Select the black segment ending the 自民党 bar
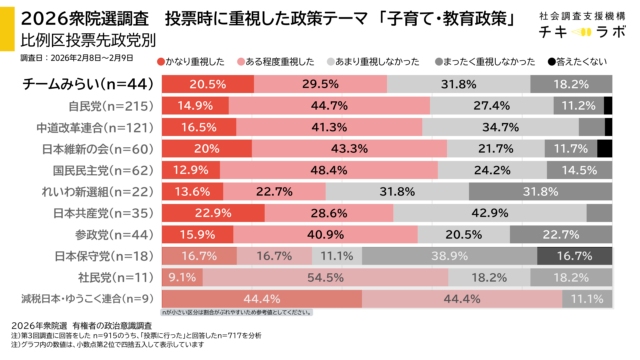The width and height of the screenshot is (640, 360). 607,104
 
